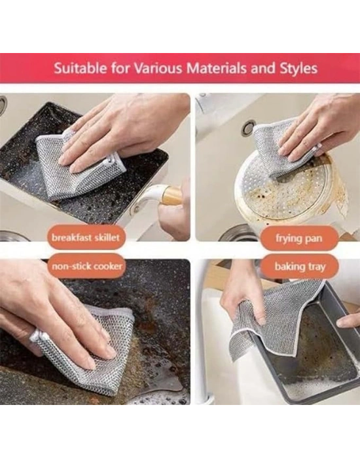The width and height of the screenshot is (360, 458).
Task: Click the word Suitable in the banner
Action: pos(81,69)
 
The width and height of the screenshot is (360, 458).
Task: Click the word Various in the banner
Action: pos(159,69)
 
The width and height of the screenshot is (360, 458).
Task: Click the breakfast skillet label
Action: pos(86,237)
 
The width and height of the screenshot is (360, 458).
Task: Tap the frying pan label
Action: pos(298,238)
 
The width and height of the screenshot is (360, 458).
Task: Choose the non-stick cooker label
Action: pos(87,266)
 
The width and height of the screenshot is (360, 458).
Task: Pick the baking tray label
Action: pos(300,267)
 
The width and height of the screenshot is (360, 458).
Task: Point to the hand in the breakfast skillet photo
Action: pos(123,132)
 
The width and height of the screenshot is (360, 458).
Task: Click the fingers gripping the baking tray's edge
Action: pos(348,321)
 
